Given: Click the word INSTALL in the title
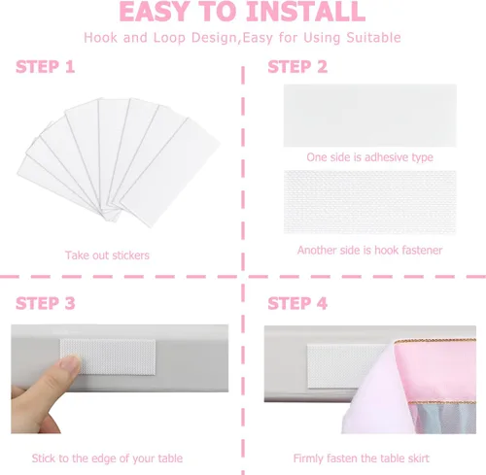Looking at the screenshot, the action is (x=306, y=12).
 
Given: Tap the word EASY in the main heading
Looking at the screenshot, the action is (x=155, y=12).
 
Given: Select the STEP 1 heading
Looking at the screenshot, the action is (x=46, y=67).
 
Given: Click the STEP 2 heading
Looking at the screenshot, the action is (x=297, y=67).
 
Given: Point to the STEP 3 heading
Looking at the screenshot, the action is (x=46, y=303).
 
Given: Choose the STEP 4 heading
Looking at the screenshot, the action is (x=297, y=303).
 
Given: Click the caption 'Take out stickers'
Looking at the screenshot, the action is (x=107, y=255).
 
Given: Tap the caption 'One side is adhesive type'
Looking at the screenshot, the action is (x=369, y=157).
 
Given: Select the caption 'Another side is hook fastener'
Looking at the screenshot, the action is (x=369, y=250).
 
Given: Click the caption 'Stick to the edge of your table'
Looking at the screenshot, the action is (x=107, y=458).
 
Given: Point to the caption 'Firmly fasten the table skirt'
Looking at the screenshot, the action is (x=362, y=458).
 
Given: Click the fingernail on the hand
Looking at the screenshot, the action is (x=70, y=362).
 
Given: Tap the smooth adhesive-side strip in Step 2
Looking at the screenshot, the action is (x=370, y=116).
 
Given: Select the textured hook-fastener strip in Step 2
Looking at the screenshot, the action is (x=370, y=202).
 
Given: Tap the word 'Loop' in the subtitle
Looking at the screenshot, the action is (x=169, y=38).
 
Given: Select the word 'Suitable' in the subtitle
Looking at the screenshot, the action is (x=373, y=38).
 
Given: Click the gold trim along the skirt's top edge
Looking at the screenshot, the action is (x=434, y=341).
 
